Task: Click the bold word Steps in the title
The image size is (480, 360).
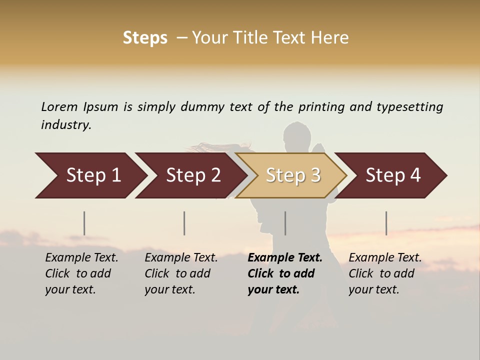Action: click(x=145, y=38)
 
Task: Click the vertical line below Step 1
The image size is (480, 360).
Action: click(x=84, y=223)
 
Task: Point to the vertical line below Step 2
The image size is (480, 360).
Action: click(x=184, y=223)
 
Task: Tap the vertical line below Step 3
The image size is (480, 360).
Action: click(x=285, y=223)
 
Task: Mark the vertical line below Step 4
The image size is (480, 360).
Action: click(x=386, y=223)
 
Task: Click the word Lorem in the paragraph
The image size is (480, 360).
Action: click(x=59, y=106)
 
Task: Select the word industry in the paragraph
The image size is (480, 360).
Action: click(x=66, y=124)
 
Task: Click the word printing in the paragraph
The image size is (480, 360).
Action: click(x=322, y=106)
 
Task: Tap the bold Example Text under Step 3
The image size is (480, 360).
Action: click(x=285, y=258)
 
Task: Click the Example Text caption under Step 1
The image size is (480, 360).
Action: click(x=81, y=258)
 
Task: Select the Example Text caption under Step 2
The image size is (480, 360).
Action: click(x=181, y=258)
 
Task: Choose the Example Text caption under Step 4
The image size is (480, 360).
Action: click(x=385, y=258)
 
